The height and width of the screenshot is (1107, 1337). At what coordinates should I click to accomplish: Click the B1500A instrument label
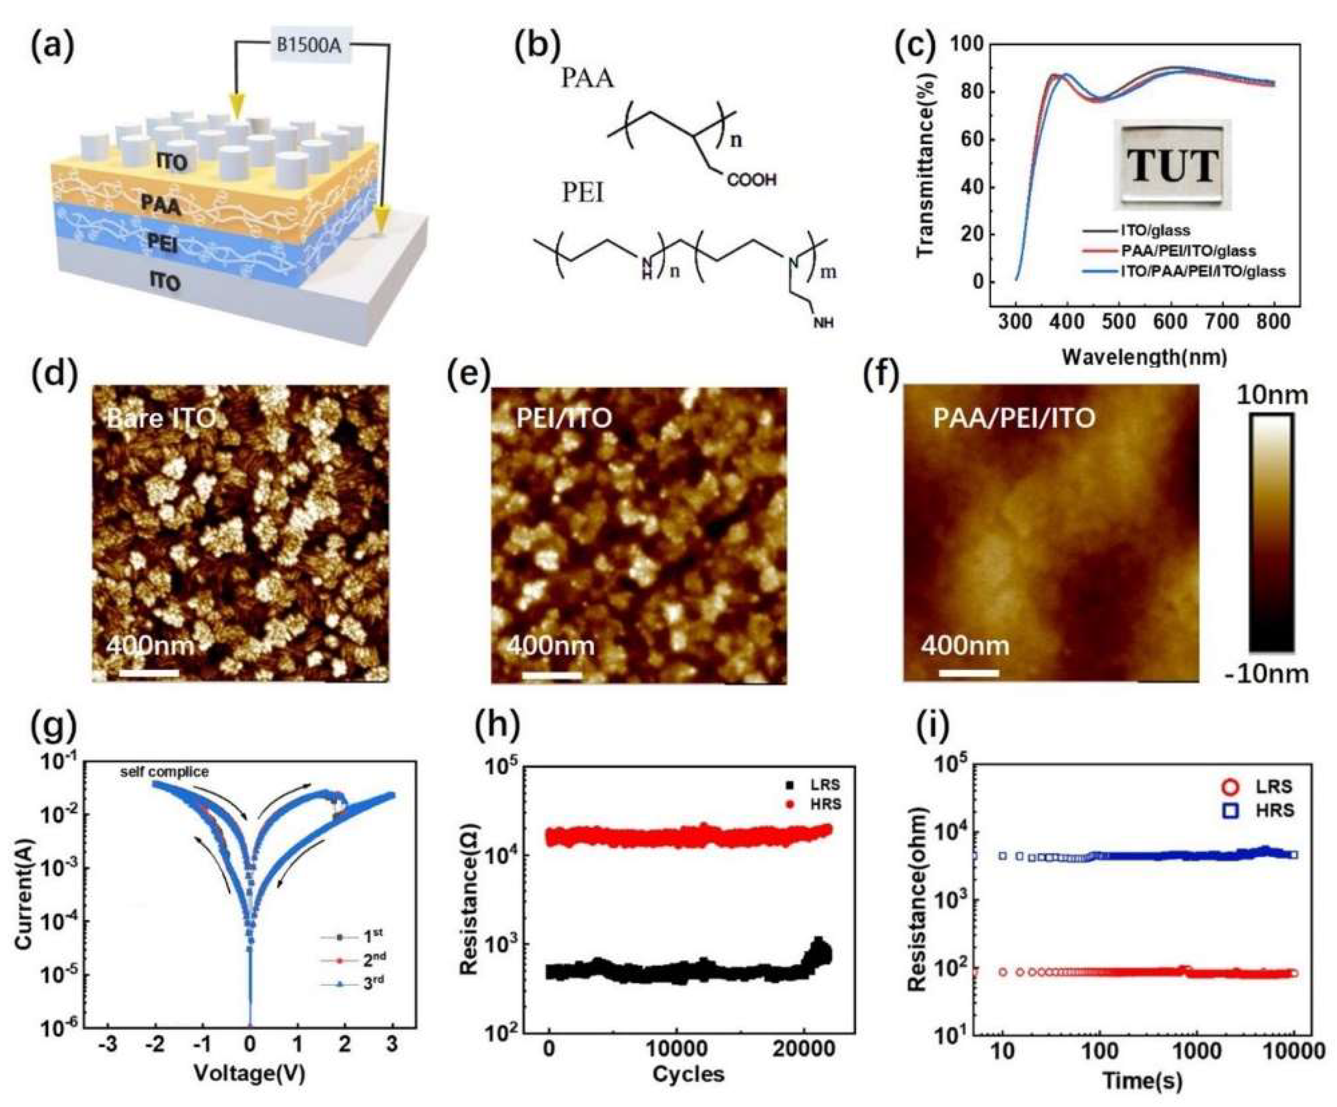311,48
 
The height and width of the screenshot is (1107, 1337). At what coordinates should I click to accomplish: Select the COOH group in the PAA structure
751,180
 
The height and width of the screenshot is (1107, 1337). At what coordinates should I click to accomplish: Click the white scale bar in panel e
551,673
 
